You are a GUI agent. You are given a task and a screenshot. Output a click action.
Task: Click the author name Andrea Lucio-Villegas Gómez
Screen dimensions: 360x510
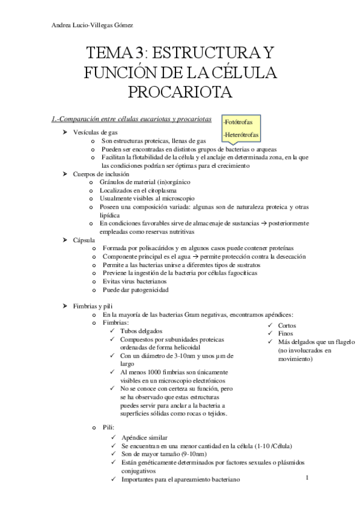(x=93, y=25)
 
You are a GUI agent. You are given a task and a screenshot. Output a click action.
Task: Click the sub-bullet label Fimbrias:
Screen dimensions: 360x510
(x=116, y=322)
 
